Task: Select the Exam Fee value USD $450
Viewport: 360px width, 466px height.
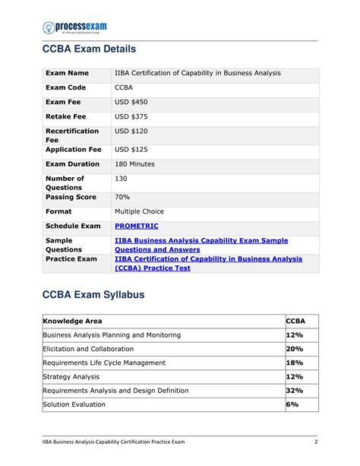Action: click(131, 103)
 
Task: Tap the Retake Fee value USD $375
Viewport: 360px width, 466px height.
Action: click(131, 117)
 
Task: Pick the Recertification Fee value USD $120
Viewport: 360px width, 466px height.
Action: click(131, 132)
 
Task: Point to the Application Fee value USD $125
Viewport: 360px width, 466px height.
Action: click(131, 150)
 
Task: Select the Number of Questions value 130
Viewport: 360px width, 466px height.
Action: click(121, 179)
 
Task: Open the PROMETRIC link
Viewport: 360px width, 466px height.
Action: click(136, 226)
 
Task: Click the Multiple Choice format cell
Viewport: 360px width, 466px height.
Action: click(139, 211)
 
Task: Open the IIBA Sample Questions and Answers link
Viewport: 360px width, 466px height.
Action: click(201, 245)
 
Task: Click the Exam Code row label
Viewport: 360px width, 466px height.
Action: click(67, 88)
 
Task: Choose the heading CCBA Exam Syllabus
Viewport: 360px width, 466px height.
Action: click(92, 295)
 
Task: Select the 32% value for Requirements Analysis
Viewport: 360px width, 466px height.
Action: click(294, 390)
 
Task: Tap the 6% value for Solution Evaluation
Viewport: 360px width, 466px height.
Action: click(292, 404)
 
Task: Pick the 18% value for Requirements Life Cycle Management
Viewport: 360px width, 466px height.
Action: click(294, 363)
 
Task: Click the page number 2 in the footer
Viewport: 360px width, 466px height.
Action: click(315, 442)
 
